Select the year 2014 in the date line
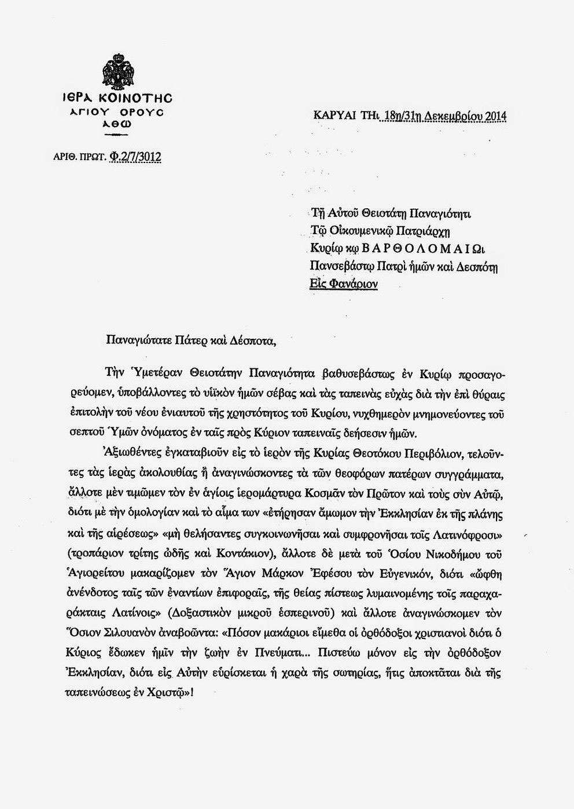tap(495, 116)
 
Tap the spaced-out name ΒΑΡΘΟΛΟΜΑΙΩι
tap(422, 249)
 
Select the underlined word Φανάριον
tap(354, 284)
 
